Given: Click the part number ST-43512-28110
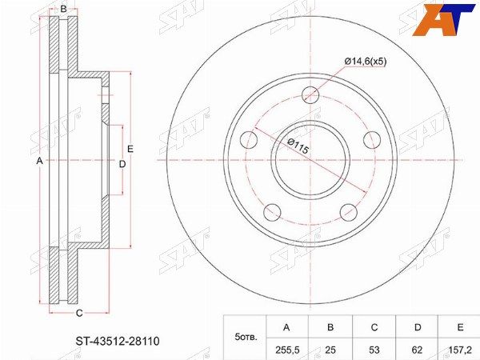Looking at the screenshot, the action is point(118,341).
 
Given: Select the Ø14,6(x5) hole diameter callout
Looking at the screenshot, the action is point(366,62).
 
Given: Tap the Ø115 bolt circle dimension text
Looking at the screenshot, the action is point(298,146).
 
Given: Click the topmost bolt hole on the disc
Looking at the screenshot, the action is point(310,94).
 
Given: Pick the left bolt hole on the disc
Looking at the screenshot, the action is point(249,140).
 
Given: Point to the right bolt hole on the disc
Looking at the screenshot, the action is point(372,139).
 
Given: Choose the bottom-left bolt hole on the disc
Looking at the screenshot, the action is point(272,212).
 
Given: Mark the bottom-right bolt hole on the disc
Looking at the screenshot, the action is point(349,212).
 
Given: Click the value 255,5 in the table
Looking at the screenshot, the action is point(286,350).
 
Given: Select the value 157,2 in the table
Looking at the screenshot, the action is point(460,350).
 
